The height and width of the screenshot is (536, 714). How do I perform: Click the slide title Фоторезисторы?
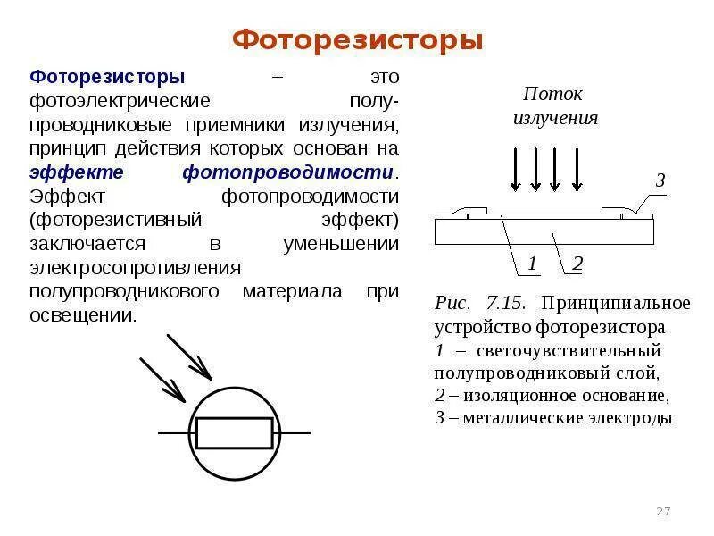coord(357,41)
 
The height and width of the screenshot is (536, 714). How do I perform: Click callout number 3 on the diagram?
coord(660,180)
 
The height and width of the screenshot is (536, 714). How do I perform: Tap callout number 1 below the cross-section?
coord(532,263)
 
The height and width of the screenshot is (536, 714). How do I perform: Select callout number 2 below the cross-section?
coord(577,263)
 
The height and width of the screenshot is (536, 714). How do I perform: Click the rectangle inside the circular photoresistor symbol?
coord(235,433)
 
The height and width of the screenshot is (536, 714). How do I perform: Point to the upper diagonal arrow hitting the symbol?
coord(189,357)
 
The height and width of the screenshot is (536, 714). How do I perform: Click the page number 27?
coord(663,511)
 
